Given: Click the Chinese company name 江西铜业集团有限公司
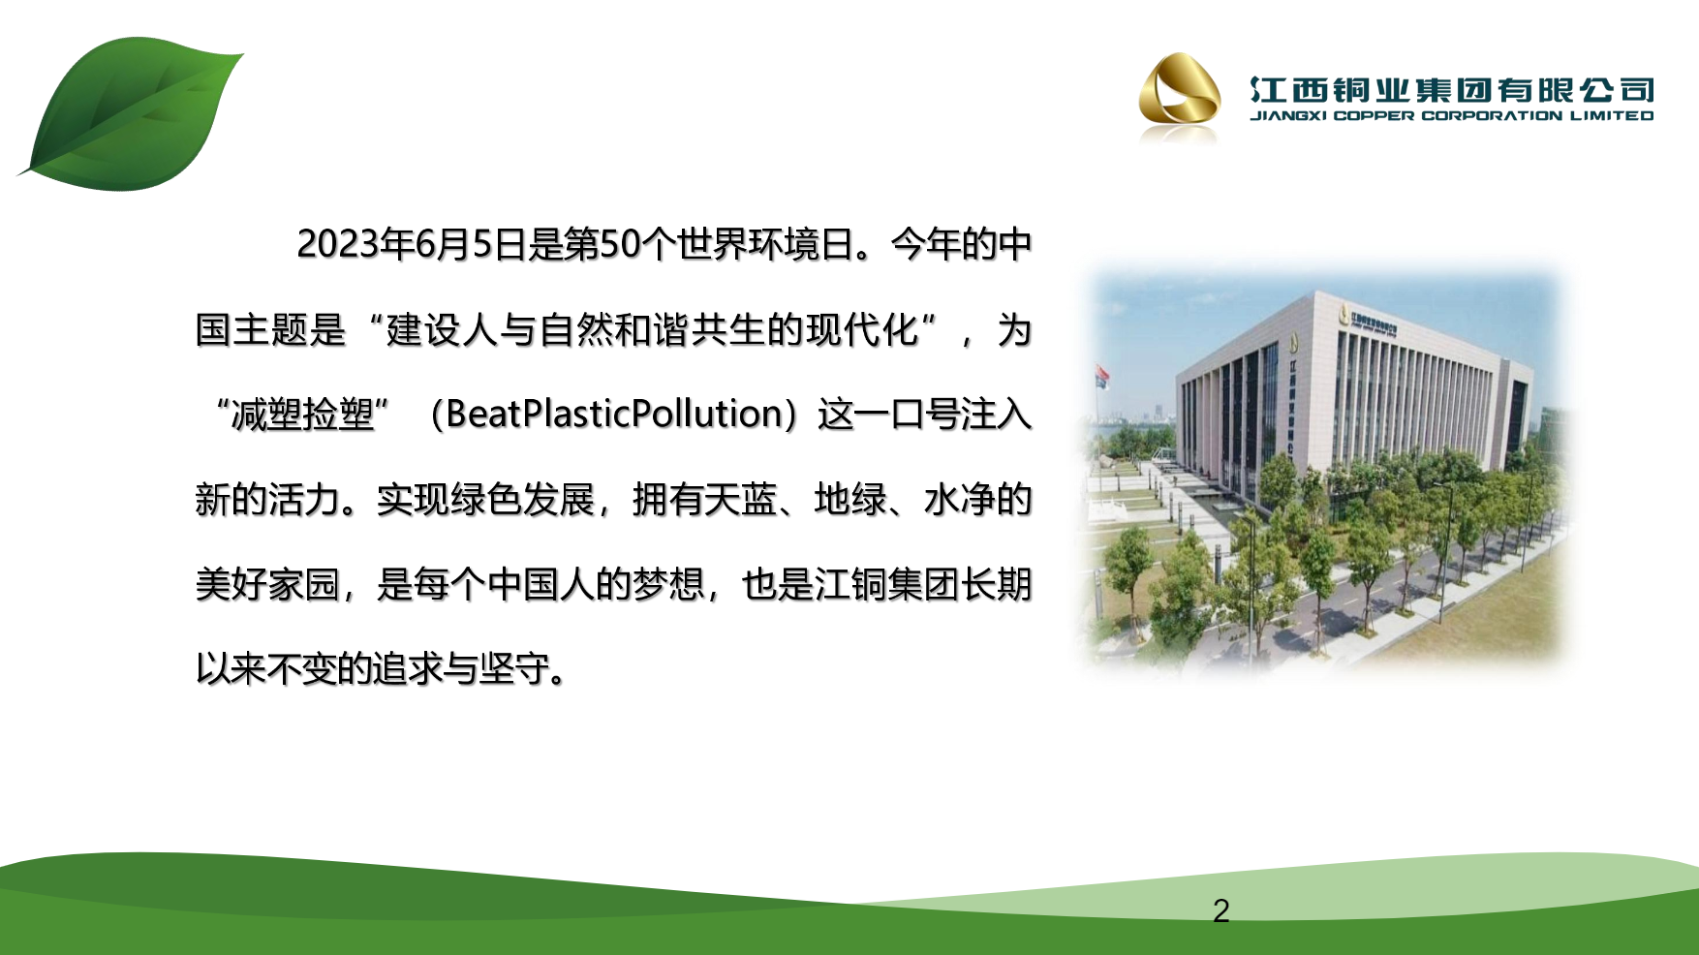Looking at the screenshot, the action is (x=1452, y=90).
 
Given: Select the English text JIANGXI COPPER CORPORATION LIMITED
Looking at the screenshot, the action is (x=1452, y=115).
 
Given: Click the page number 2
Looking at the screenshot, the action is (x=1220, y=910).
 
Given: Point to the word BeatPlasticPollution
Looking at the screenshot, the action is (x=614, y=414).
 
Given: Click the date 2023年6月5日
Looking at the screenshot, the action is (x=412, y=244).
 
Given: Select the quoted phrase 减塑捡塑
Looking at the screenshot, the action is (x=302, y=415).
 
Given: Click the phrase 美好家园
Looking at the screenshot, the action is (x=267, y=585).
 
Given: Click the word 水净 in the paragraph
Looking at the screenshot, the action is (x=960, y=500).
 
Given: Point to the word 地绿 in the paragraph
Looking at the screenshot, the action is (x=850, y=500).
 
